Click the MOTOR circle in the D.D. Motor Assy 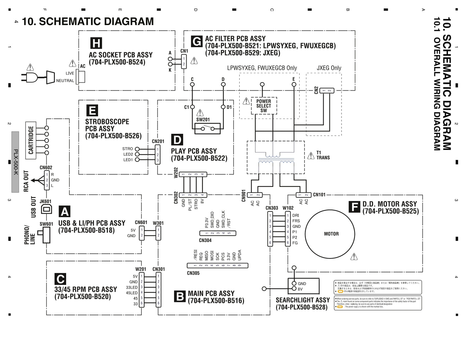click(x=330, y=234)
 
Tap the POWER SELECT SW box click(x=264, y=106)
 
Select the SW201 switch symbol click(x=207, y=129)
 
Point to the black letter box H click(x=96, y=43)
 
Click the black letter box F click(x=354, y=207)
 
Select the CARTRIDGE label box click(x=31, y=140)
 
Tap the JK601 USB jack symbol click(x=46, y=209)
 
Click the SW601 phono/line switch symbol click(x=45, y=235)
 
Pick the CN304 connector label click(x=205, y=240)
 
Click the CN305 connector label click(x=193, y=273)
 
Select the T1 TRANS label click(x=323, y=155)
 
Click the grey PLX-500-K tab click(x=15, y=162)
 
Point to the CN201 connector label click(x=158, y=141)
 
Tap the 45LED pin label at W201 click(x=132, y=293)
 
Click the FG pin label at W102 click(x=295, y=243)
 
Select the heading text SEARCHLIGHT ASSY click(x=302, y=300)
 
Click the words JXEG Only click(x=329, y=68)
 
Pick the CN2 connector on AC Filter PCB click(x=327, y=91)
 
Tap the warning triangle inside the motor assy click(x=354, y=257)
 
